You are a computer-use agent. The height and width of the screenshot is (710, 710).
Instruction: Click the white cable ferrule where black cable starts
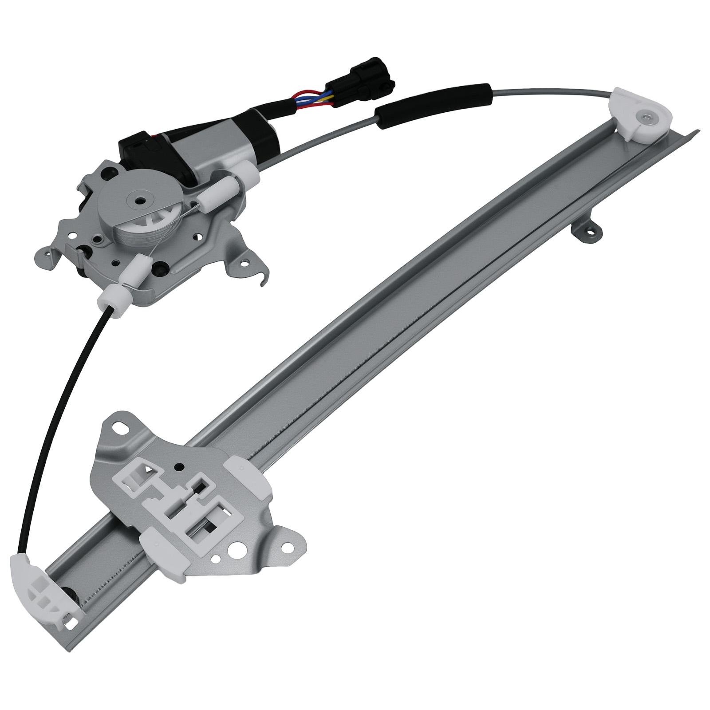click(115, 302)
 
